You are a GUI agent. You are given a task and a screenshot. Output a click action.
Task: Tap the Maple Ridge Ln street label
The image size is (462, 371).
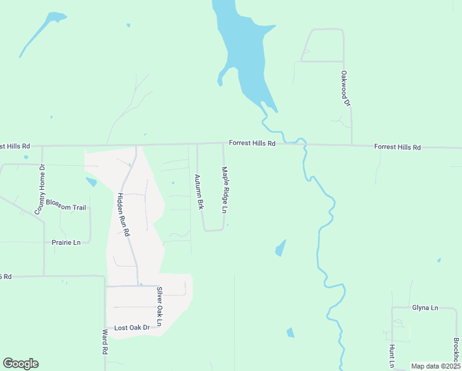(225, 190)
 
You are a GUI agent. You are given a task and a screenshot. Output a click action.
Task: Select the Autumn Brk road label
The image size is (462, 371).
(198, 192)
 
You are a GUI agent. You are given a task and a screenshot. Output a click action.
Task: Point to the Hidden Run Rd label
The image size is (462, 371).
(122, 215)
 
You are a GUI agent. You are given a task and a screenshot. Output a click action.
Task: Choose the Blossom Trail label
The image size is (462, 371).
(66, 207)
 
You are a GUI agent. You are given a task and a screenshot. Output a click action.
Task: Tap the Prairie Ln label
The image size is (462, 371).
(65, 242)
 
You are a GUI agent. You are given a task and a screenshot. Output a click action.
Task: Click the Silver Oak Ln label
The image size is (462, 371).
(159, 306)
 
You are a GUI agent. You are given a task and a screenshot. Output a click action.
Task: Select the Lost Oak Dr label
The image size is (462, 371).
(128, 328)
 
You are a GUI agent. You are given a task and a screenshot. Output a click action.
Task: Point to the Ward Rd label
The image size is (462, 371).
(104, 342)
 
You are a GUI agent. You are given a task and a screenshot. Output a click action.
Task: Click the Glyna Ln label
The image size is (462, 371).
(424, 307)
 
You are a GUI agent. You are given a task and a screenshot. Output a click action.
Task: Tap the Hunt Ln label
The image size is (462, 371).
(392, 356)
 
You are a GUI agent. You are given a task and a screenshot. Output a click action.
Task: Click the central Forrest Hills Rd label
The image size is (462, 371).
(252, 143)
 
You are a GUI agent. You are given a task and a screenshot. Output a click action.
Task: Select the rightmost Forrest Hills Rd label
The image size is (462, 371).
(397, 147)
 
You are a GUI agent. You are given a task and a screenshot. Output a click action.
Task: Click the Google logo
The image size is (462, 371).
(20, 364)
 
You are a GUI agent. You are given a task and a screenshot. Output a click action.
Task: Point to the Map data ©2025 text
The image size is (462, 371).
(435, 366)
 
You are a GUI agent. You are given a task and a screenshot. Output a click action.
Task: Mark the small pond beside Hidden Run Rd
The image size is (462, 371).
(91, 182)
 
